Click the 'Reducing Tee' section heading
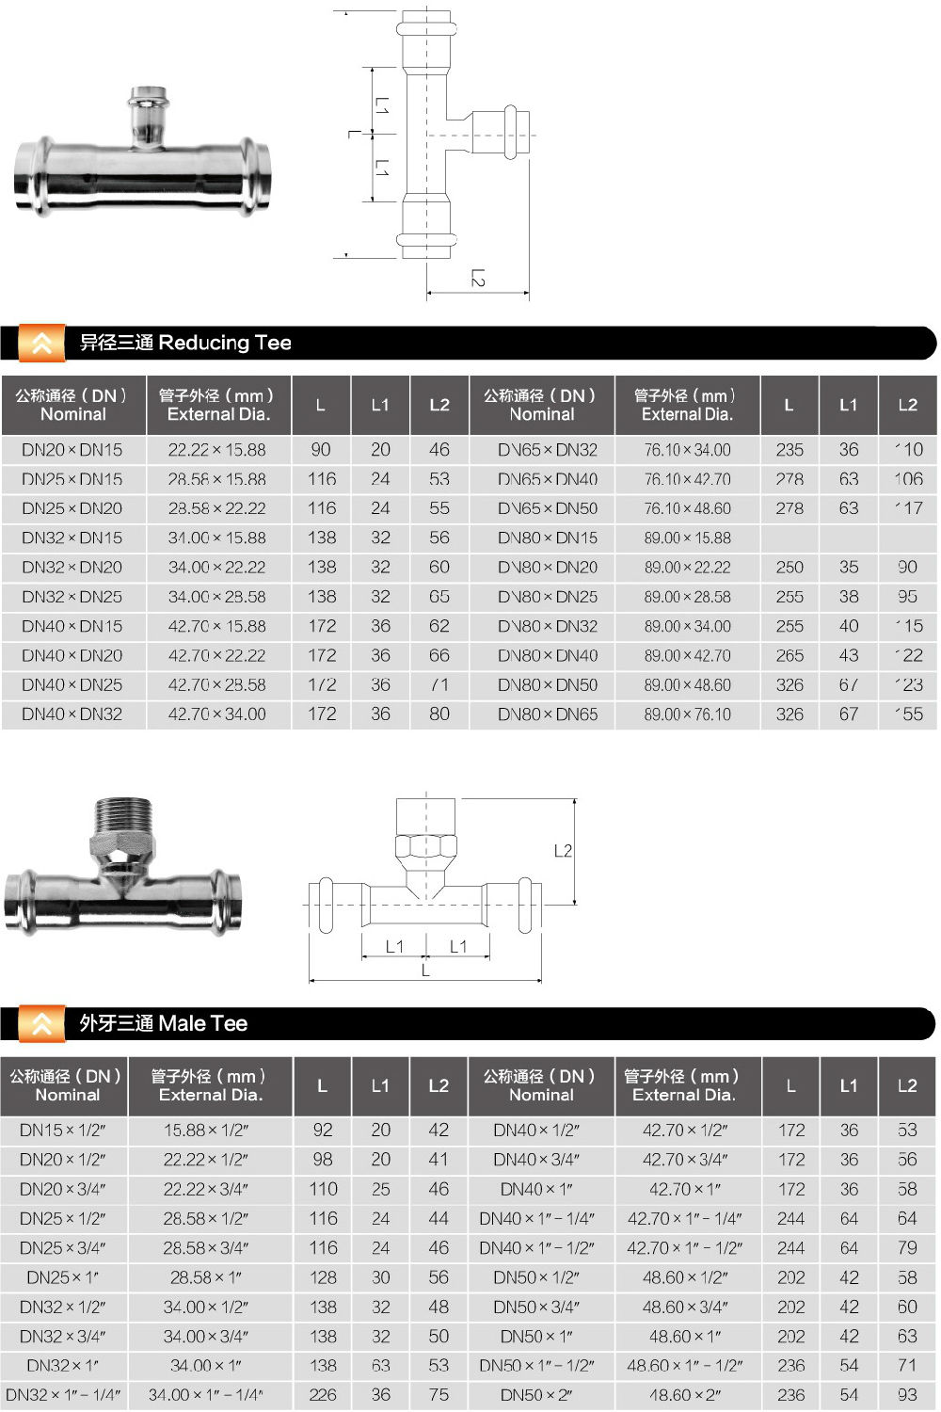(185, 343)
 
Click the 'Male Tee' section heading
(163, 1023)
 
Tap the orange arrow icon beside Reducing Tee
(41, 344)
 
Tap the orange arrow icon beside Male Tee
(41, 1024)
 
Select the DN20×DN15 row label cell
(72, 450)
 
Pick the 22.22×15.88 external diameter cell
(216, 450)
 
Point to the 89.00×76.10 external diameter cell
(687, 714)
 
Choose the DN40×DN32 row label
(72, 714)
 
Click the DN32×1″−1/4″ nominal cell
(64, 1395)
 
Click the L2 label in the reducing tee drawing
(478, 279)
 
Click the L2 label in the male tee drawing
(563, 851)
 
